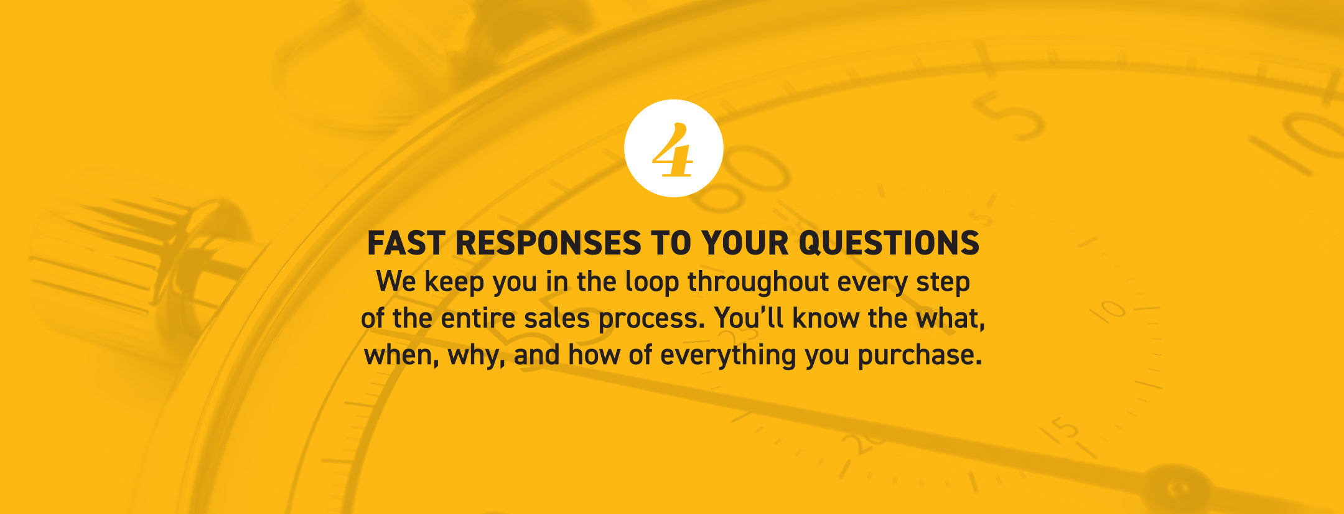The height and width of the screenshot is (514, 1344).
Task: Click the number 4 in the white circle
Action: click(673, 150)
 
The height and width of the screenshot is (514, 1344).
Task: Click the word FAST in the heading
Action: click(406, 243)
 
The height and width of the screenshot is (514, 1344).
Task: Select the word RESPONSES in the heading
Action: click(548, 243)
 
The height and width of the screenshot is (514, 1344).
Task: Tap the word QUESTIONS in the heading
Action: click(889, 243)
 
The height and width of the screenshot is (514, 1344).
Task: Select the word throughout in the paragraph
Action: click(758, 283)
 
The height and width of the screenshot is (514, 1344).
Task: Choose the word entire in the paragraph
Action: click(478, 319)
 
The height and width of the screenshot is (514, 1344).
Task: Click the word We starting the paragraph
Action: click(397, 282)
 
